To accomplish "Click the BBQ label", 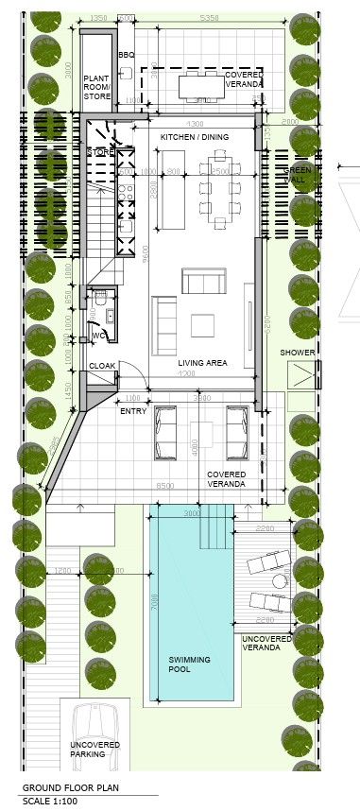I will (127, 56).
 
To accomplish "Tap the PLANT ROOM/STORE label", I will (97, 86).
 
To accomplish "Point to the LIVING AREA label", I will (202, 362).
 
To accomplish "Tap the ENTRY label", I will (132, 410).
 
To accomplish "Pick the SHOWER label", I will (298, 354).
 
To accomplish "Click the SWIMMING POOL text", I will (190, 664).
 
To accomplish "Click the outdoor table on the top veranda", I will (200, 86).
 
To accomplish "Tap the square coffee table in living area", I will (204, 325).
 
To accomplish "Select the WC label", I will (97, 336).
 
